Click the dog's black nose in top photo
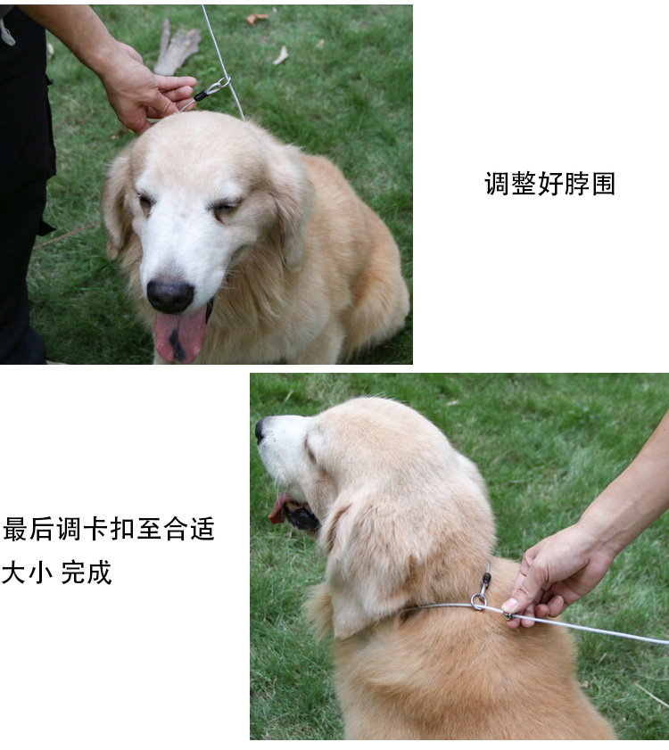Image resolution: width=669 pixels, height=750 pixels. tap(170, 296)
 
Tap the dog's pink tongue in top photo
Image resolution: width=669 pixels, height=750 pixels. tap(180, 335)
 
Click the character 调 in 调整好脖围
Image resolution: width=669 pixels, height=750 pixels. tap(497, 184)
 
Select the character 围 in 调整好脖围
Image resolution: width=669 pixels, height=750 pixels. tap(603, 184)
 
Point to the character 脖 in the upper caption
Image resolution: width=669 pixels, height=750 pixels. tap(576, 184)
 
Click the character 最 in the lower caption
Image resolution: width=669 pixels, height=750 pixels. tap(16, 529)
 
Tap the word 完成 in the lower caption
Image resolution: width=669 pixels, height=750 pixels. tap(87, 572)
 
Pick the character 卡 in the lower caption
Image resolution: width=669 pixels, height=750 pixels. tap(95, 529)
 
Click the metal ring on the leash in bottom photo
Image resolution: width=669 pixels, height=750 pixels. tap(478, 602)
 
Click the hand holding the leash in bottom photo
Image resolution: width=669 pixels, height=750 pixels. tap(557, 576)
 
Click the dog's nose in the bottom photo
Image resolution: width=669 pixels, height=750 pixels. tap(260, 429)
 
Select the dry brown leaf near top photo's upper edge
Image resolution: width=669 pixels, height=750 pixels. tap(257, 19)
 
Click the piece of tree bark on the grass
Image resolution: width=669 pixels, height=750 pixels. tap(177, 48)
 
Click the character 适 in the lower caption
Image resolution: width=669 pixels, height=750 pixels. tap(202, 529)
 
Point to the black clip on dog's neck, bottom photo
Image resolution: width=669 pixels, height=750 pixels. tap(486, 581)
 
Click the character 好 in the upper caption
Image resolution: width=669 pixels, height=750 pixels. tap(550, 184)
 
